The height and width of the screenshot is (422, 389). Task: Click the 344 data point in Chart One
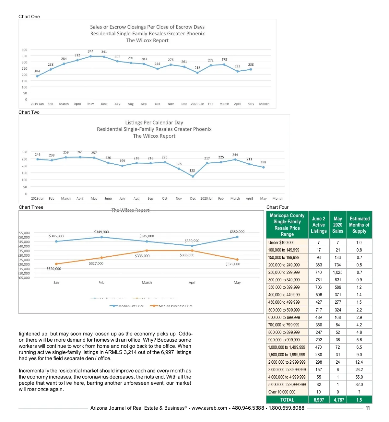pos(91,56)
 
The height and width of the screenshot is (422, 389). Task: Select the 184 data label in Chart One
pos(37,71)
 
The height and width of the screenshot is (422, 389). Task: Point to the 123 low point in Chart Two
pos(193,176)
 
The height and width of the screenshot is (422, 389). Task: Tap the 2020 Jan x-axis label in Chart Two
pos(207,199)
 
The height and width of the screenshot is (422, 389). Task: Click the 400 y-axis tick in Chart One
pos(24,50)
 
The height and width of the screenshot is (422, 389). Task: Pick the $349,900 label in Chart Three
pos(101,232)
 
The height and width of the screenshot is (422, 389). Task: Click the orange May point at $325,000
pos(237,260)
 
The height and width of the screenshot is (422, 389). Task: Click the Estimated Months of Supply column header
pos(359,225)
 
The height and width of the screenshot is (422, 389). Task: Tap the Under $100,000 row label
pos(281,243)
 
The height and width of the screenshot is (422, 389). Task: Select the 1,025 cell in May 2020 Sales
pos(337,273)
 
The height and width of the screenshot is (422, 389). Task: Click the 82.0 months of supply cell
pos(359,385)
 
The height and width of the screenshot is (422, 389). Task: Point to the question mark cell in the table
pos(359,392)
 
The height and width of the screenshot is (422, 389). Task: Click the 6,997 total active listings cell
pos(319,400)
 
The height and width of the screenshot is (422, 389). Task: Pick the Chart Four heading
pos(277,207)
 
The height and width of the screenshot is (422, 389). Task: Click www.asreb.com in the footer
pos(209,408)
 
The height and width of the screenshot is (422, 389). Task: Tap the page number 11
pos(368,408)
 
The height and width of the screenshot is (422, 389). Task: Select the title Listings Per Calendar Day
pos(154,123)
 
